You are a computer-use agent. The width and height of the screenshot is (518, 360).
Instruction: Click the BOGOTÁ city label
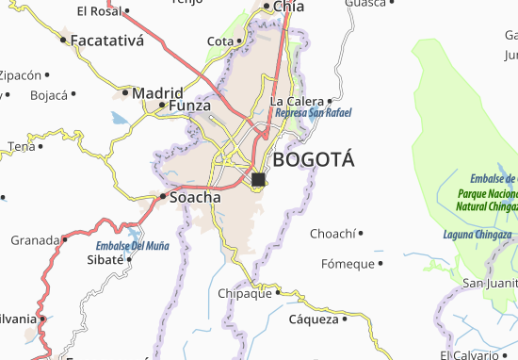314,159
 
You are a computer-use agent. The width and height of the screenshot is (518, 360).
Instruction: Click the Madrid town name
157,93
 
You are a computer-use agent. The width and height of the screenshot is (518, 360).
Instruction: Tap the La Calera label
297,101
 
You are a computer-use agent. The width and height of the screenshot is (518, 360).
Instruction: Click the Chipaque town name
246,292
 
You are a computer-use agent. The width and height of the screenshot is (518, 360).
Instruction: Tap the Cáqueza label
313,319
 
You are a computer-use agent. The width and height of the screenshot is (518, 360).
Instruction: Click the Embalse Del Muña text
131,245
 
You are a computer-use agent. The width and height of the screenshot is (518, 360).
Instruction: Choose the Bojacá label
50,95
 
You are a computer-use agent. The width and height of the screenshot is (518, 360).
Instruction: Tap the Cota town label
219,41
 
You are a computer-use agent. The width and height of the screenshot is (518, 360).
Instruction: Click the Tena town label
21,146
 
